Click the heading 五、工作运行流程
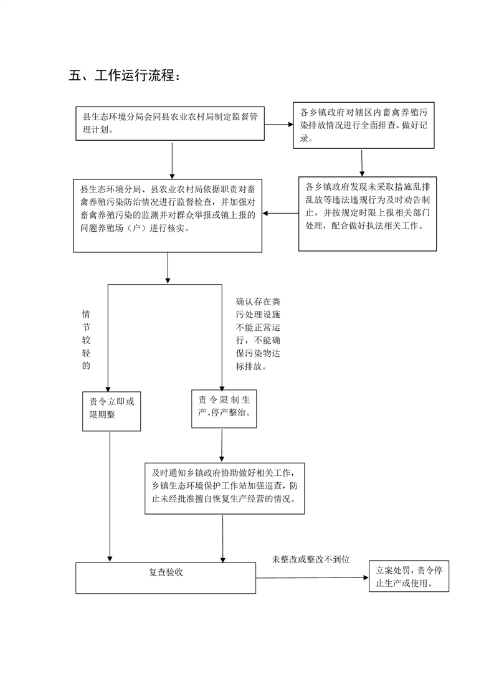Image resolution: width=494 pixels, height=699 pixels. [x=125, y=75]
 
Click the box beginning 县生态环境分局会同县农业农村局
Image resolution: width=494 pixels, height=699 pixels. [x=170, y=123]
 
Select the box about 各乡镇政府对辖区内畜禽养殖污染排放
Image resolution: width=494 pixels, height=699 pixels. [x=364, y=125]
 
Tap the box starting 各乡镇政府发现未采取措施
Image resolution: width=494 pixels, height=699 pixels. [x=368, y=214]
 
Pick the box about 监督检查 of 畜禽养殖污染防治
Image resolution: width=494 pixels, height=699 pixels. [x=168, y=216]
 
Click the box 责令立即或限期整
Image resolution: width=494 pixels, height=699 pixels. [x=112, y=411]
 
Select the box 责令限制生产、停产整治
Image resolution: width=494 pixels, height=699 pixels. [x=224, y=409]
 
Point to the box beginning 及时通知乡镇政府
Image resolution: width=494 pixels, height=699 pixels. [x=225, y=488]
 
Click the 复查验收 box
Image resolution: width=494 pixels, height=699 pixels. [x=166, y=578]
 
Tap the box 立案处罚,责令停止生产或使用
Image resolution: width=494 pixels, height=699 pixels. [x=409, y=576]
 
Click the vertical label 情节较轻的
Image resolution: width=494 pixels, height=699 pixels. [x=86, y=340]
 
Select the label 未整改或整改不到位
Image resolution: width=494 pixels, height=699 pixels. [x=311, y=559]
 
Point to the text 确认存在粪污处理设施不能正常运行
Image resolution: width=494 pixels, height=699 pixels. [x=258, y=335]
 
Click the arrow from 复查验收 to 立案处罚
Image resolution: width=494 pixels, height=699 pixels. [x=313, y=578]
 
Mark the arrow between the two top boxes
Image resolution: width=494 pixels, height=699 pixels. [x=279, y=125]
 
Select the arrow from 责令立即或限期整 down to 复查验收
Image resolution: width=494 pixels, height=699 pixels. [x=110, y=497]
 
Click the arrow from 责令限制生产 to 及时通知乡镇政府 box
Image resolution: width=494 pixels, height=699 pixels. [x=222, y=445]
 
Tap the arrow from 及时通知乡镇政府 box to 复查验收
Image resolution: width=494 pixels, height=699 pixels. [x=223, y=538]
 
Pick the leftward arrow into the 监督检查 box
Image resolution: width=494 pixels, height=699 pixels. [x=280, y=213]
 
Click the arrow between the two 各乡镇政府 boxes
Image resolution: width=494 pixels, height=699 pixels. [x=361, y=163]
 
